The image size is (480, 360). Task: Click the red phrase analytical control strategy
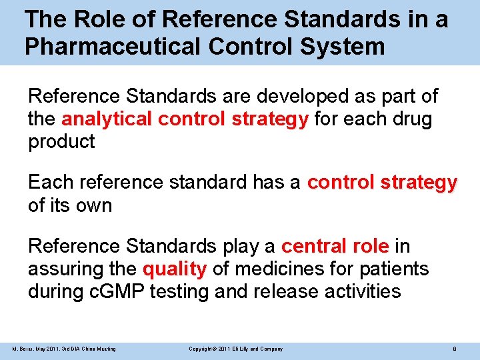185,120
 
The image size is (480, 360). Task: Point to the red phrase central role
335,247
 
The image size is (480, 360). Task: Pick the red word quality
175,269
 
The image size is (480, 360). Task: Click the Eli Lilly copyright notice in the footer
235,349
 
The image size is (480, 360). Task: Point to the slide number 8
454,349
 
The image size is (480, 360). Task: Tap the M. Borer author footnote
64,349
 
